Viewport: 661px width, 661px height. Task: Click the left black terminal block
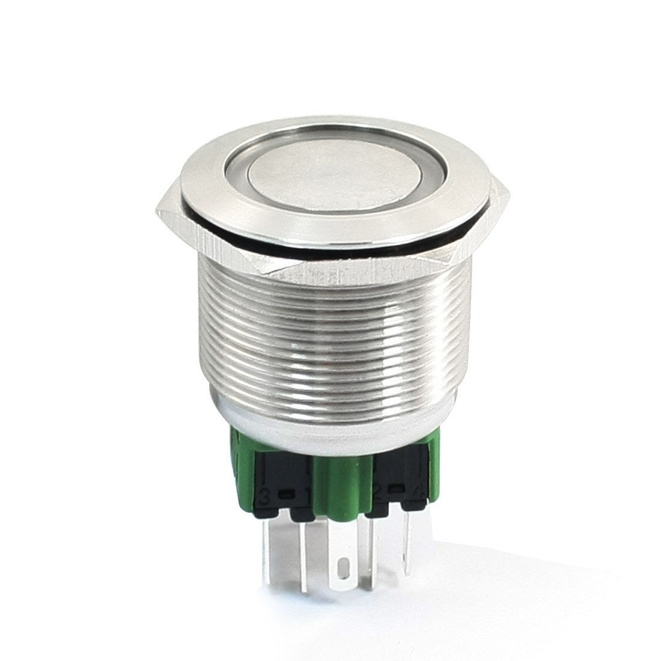282,481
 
